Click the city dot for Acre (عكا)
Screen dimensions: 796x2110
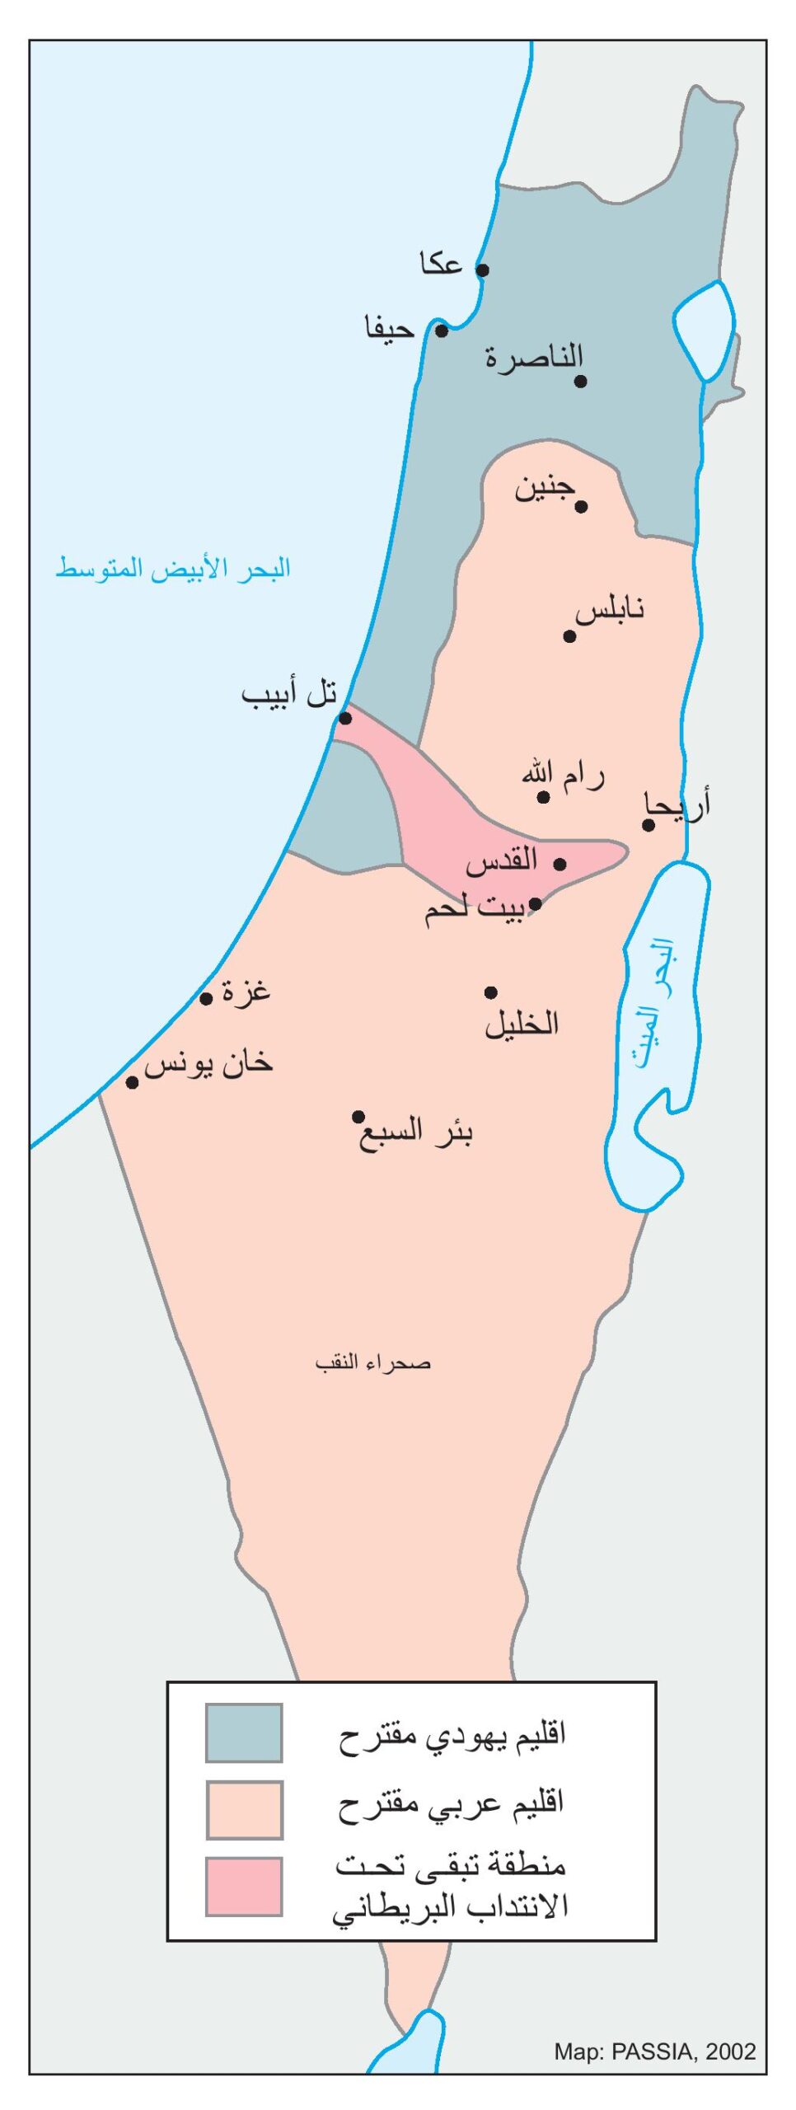click(483, 270)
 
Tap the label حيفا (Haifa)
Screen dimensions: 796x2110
click(390, 329)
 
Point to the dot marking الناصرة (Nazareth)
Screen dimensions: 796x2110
click(580, 381)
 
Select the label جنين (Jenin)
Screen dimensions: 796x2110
click(544, 489)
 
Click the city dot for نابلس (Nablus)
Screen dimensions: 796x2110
click(569, 635)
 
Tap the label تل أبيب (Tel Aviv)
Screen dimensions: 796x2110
click(289, 694)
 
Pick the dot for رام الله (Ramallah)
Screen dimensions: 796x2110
click(544, 796)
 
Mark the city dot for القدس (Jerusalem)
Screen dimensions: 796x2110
click(560, 864)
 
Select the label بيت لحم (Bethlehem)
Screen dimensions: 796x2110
click(474, 909)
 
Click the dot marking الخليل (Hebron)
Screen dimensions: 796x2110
click(491, 992)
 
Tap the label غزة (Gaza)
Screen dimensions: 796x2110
click(246, 992)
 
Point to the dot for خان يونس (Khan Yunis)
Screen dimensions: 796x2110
click(132, 1082)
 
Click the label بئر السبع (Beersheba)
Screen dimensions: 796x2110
click(415, 1133)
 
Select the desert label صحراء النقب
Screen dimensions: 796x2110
click(372, 1362)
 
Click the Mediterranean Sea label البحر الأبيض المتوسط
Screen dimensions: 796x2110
click(173, 569)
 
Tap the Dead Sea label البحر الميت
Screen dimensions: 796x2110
click(655, 1002)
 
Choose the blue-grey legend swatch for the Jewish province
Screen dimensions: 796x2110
click(244, 1732)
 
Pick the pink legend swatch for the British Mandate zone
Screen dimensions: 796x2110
click(244, 1886)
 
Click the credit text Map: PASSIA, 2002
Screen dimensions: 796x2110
click(654, 2051)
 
